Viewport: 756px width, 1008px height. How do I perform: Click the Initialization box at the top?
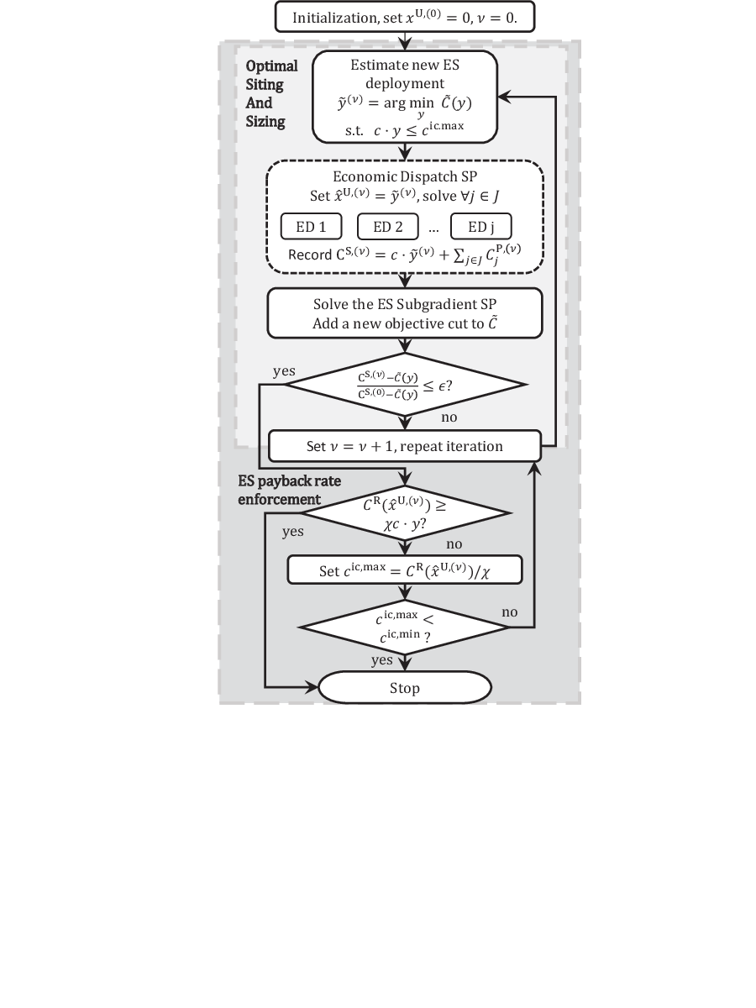[x=405, y=17]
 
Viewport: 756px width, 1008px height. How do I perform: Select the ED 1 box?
[x=311, y=227]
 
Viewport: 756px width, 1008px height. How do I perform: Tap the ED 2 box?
[x=388, y=227]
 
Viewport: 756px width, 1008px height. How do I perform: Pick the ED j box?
[x=481, y=227]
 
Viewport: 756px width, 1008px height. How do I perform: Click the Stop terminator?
[x=405, y=687]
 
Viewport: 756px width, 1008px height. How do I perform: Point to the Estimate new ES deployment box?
[x=405, y=97]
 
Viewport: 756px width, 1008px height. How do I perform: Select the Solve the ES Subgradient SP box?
[x=405, y=313]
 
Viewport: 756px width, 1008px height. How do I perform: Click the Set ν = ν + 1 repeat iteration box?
[x=405, y=446]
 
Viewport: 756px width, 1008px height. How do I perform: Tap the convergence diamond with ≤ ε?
[x=405, y=385]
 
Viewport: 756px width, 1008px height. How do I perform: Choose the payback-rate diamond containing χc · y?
[x=405, y=513]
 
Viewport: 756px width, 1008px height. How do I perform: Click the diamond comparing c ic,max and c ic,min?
[x=405, y=627]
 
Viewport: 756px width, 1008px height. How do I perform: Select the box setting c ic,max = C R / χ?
[x=405, y=570]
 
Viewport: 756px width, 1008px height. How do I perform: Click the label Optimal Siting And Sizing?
[x=271, y=94]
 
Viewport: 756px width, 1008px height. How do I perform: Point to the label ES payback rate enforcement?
[x=289, y=490]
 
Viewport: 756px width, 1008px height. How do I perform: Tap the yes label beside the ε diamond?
[x=284, y=371]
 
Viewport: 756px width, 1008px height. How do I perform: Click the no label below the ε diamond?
[x=449, y=417]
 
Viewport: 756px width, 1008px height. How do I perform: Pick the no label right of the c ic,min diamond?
[x=510, y=612]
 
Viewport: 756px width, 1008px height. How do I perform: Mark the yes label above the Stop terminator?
[x=382, y=660]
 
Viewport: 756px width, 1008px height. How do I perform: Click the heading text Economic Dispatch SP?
[x=405, y=176]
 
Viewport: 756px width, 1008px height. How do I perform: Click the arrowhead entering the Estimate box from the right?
[x=505, y=97]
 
